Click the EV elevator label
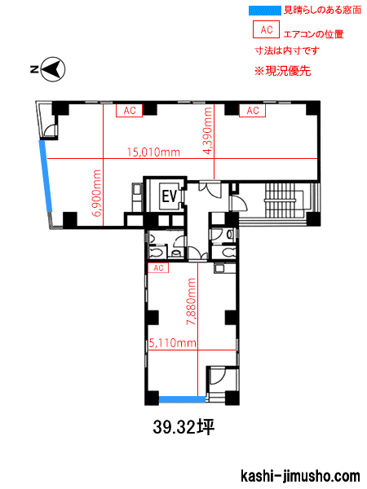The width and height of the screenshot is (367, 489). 170,196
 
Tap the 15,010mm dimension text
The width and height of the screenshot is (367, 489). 153,152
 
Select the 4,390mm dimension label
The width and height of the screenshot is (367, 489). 207,130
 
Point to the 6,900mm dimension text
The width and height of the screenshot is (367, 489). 97,193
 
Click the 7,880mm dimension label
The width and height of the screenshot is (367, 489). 191,302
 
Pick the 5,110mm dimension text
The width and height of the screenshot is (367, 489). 173,343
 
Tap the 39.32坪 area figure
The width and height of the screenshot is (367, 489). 183,427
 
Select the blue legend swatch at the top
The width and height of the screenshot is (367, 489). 265,11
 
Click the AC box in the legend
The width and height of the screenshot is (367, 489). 266,29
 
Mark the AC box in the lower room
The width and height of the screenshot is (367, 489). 158,268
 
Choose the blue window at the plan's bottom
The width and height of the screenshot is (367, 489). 182,399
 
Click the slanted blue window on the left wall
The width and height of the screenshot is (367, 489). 46,177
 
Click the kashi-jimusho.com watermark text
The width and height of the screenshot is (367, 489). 300,476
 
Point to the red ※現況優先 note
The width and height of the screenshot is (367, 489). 282,71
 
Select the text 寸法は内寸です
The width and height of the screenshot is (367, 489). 287,51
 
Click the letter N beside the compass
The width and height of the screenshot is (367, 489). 34,69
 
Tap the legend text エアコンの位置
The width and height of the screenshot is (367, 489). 314,34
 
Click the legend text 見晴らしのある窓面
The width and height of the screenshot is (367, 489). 322,10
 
